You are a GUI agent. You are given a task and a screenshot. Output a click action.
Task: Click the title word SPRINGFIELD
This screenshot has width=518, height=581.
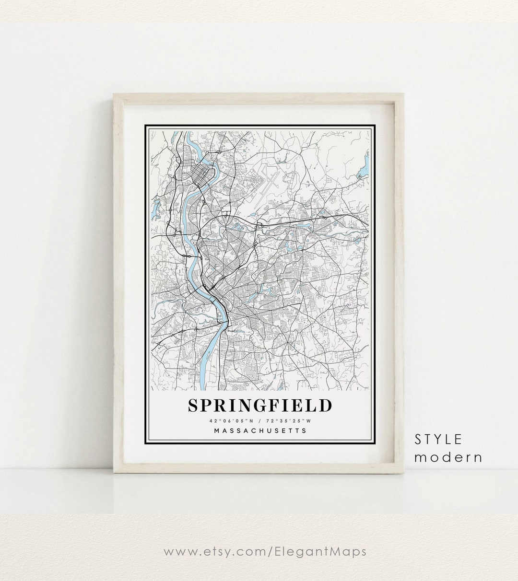click(x=259, y=405)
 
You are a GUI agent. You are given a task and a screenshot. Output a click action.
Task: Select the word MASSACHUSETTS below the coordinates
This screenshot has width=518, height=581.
click(x=259, y=430)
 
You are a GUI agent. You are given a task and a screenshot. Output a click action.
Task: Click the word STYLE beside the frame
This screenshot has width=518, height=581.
click(x=438, y=439)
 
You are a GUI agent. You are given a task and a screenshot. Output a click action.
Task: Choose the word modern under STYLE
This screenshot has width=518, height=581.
click(x=448, y=457)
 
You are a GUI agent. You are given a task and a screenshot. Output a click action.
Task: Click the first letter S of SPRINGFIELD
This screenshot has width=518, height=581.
click(x=193, y=405)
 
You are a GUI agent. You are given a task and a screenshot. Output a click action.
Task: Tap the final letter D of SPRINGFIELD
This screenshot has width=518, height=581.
click(x=325, y=405)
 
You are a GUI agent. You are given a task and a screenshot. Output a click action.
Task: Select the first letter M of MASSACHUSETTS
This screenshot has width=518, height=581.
click(x=217, y=430)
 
